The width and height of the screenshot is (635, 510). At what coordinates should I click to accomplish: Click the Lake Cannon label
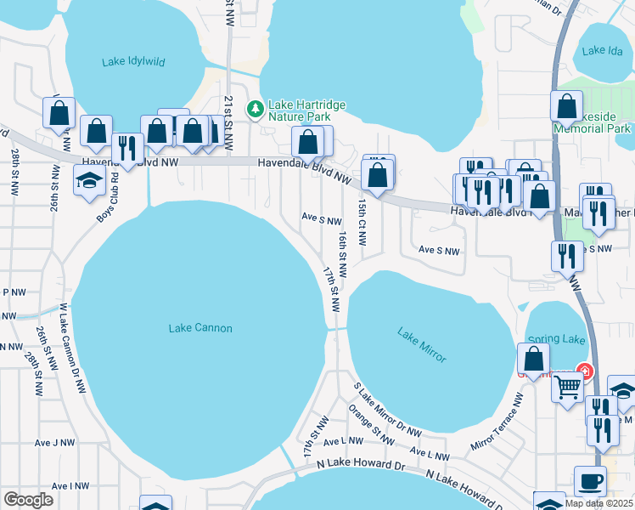(200, 328)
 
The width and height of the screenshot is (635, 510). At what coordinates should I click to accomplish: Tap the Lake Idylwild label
(134, 61)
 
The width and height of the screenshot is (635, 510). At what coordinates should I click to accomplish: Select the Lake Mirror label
(421, 344)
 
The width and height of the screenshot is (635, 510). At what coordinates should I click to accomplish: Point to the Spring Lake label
(557, 340)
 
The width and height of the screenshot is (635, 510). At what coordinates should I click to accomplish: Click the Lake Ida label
(604, 51)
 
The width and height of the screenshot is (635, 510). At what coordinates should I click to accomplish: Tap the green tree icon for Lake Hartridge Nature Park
(254, 108)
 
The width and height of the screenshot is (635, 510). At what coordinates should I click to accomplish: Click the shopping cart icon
(568, 387)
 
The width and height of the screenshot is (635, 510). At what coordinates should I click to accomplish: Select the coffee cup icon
(590, 481)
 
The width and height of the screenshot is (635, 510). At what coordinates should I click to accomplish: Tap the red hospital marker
(584, 371)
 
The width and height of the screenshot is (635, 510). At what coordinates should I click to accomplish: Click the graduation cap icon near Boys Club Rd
(88, 182)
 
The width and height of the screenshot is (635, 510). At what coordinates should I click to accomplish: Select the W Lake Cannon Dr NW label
(71, 348)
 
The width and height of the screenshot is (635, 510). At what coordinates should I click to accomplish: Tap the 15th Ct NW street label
(362, 223)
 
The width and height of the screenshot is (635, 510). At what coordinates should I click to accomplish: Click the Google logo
(28, 499)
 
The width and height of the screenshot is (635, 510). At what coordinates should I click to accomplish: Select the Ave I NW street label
(70, 485)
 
